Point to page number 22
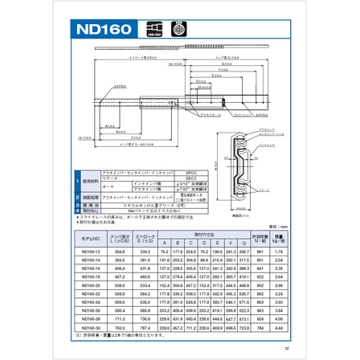286,349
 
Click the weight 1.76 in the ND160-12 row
277,252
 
